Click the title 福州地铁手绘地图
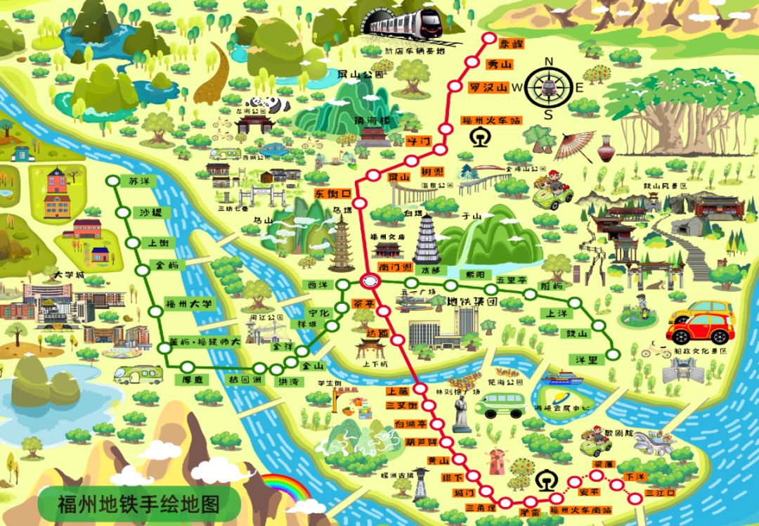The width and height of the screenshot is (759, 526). pos(138,504)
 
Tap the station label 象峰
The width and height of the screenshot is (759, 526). pos(511,44)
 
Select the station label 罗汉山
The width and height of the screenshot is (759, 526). pos(488,88)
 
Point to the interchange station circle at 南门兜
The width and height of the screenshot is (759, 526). pos(368,281)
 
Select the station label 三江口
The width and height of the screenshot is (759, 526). pos(659,494)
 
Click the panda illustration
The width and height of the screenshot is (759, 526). pos(278,104)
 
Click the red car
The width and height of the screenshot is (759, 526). pos(700,328)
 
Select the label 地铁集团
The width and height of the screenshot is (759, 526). pos(472,303)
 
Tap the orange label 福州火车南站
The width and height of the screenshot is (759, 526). pos(580,509)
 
